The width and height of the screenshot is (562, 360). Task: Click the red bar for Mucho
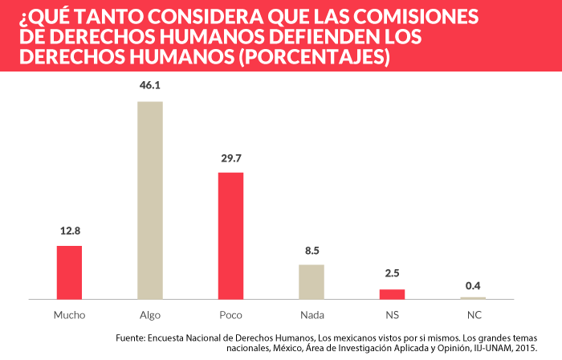[69, 272]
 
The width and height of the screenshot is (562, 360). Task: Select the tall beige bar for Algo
[150, 200]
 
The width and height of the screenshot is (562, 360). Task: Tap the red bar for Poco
[230, 235]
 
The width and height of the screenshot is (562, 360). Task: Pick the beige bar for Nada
[312, 281]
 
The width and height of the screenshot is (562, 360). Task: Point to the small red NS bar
[393, 294]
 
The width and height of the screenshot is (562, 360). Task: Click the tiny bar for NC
[473, 298]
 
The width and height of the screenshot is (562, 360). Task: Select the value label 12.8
[70, 231]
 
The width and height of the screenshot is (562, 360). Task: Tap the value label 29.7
[231, 158]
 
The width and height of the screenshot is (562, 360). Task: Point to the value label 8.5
[312, 250]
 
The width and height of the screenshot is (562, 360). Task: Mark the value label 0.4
[474, 284]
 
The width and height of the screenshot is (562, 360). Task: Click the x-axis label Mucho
[69, 314]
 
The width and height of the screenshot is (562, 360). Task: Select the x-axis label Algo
[150, 314]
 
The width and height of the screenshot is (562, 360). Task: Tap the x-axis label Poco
[230, 314]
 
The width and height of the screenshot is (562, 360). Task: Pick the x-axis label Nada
[312, 314]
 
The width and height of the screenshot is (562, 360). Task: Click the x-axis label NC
[473, 314]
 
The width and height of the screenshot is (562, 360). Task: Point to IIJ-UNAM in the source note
[491, 348]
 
